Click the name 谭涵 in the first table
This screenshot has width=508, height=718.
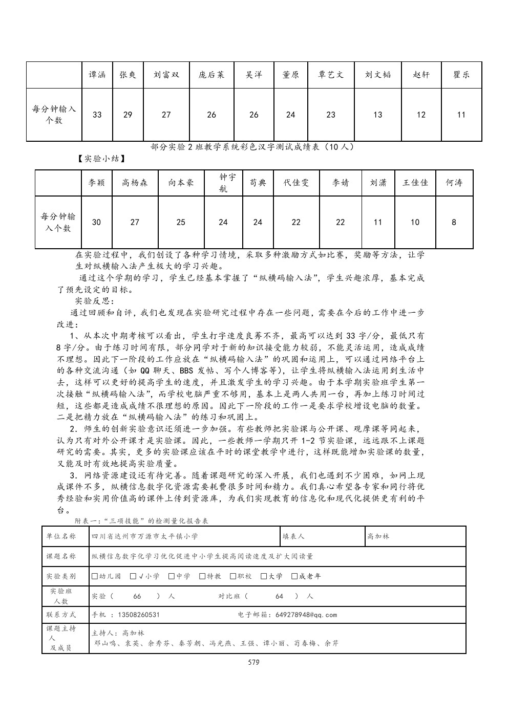pos(97,75)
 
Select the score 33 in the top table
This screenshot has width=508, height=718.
pos(97,115)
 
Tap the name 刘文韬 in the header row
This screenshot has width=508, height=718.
pos(377,75)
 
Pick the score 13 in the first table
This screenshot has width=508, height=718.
pos(377,115)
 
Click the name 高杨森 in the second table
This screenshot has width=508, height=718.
pos(135,183)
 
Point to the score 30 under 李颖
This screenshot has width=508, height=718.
pos(96,222)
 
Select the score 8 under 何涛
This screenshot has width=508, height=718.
pos(454,222)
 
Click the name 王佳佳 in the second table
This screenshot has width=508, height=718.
pos(415,183)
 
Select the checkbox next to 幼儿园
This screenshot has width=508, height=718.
pos(95,576)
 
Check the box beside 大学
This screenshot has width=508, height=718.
pos(264,576)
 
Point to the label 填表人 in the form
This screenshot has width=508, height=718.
pos(293,536)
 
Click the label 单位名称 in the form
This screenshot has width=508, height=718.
pos(61,536)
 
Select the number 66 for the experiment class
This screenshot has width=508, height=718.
pos(137,596)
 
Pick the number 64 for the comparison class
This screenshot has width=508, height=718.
pos(279,596)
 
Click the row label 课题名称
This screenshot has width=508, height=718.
pos(61,556)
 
